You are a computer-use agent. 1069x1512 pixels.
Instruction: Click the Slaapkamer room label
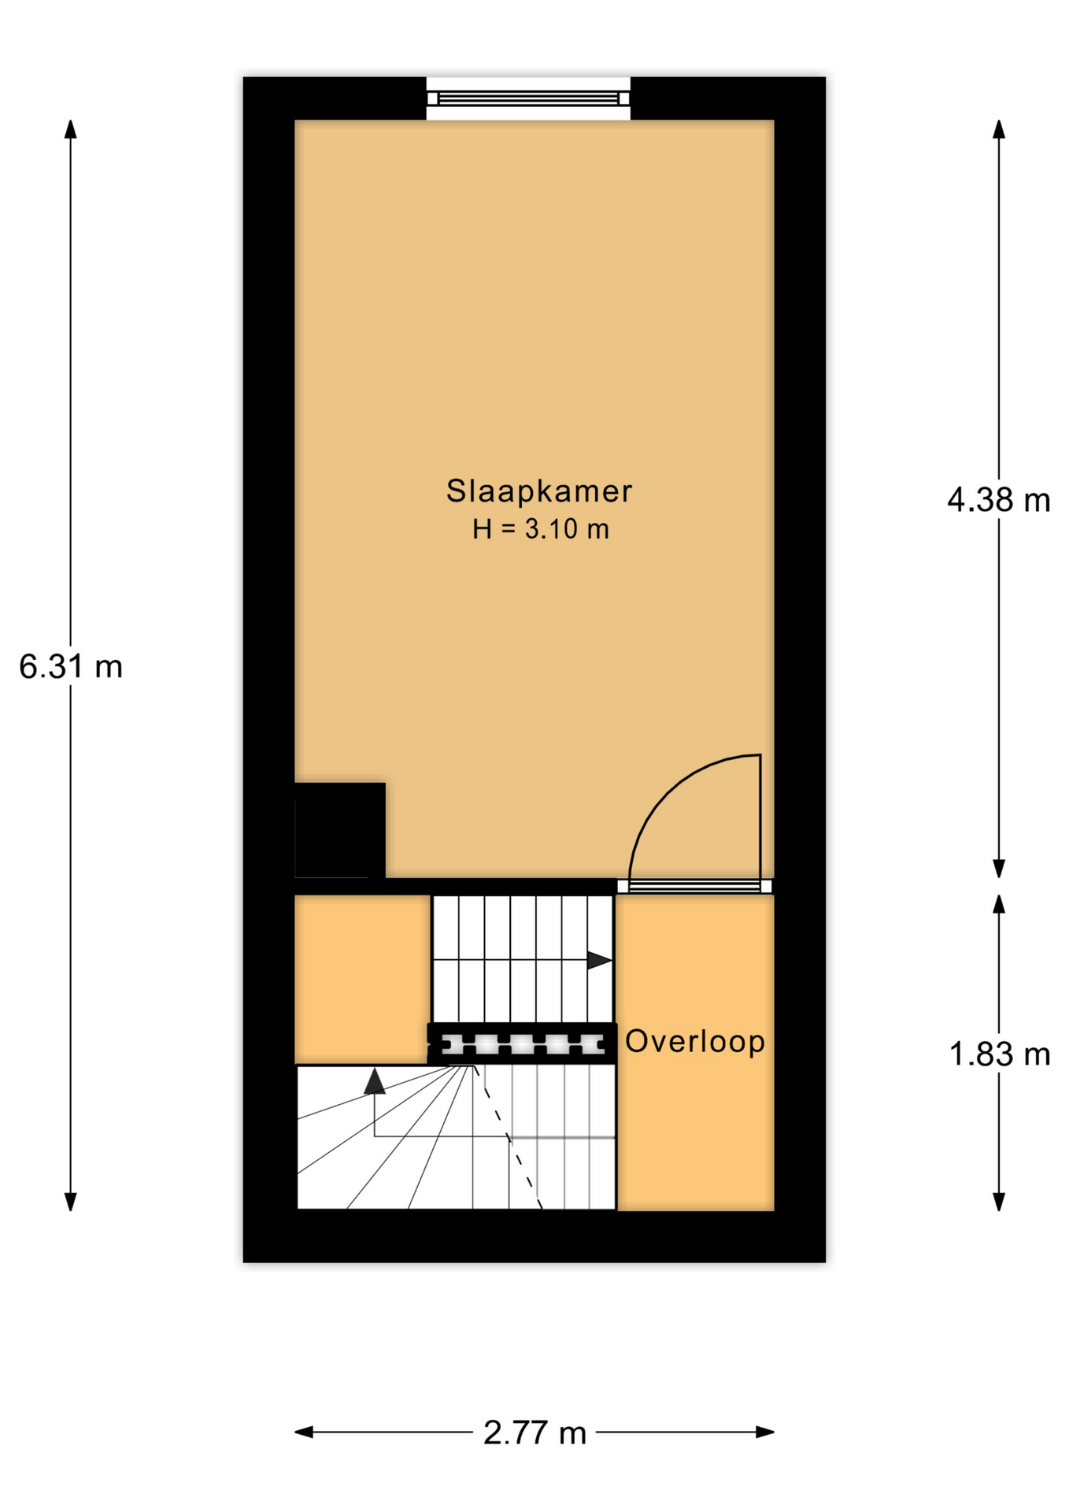point(538,491)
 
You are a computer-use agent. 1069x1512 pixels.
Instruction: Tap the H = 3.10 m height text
point(540,529)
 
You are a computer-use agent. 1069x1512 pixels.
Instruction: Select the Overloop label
point(695,1041)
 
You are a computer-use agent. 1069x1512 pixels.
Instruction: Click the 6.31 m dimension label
point(71,667)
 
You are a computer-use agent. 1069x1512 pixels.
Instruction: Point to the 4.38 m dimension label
point(998,500)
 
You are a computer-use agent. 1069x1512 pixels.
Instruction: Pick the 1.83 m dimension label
point(1000,1054)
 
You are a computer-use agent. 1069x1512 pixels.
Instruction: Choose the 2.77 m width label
point(534,1432)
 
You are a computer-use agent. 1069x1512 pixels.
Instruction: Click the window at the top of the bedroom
point(528,98)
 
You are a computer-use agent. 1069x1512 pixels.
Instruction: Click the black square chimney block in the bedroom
point(340,830)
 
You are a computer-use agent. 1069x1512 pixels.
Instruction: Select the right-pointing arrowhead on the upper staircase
point(600,961)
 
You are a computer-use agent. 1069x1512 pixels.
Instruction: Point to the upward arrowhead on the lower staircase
point(375,1081)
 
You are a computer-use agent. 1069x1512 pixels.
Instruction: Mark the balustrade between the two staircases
point(522,1044)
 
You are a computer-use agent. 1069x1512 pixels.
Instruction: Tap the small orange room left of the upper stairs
point(362,979)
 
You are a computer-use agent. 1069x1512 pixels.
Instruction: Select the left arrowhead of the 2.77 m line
point(305,1432)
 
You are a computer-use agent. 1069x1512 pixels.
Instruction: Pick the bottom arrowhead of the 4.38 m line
point(999,868)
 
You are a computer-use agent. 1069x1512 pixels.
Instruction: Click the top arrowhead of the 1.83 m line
point(999,904)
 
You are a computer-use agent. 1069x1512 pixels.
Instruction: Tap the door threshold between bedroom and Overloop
point(694,886)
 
